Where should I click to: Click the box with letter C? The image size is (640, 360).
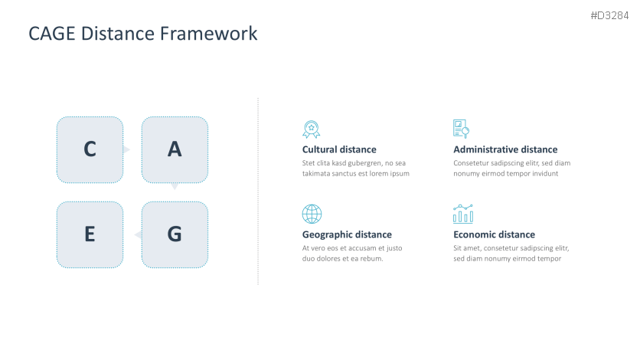(x=90, y=150)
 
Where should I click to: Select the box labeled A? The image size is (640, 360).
(x=175, y=150)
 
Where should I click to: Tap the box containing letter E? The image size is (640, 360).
(x=90, y=234)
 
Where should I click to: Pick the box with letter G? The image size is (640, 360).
(x=175, y=234)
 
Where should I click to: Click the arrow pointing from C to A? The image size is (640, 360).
(x=126, y=150)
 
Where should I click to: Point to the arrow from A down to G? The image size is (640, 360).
(x=175, y=187)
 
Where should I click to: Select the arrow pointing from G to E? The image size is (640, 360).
(x=138, y=234)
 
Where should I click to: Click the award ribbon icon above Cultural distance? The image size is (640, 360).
(x=312, y=129)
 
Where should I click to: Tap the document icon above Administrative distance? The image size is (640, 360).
(x=461, y=129)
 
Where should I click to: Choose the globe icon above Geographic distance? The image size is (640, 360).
(x=312, y=214)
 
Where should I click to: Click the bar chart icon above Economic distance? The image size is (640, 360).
(x=463, y=214)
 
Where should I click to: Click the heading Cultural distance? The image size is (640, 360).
(x=339, y=149)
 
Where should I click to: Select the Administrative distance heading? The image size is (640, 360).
(x=505, y=149)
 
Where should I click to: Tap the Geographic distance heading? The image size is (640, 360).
(x=347, y=234)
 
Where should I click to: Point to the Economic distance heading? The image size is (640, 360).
(x=494, y=234)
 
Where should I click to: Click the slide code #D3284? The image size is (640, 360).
(x=609, y=15)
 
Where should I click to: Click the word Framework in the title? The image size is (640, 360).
(x=208, y=34)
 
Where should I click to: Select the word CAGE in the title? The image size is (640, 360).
(x=52, y=34)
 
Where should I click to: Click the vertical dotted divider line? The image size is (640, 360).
(x=258, y=191)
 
